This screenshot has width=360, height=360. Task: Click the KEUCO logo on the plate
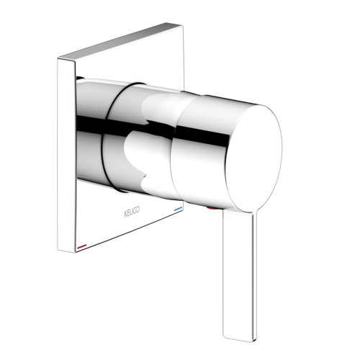tap(132, 212)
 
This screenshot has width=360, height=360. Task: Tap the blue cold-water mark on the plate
tap(178, 210)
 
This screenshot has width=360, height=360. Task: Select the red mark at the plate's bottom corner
tap(82, 246)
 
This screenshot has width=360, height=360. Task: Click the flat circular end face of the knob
tap(254, 158)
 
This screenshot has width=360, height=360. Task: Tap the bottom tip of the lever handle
tap(239, 339)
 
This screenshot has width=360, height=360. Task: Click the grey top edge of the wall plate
tap(120, 41)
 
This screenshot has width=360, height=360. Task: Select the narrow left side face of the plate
tap(66, 156)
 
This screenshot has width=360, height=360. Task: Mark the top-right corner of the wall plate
tap(183, 26)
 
